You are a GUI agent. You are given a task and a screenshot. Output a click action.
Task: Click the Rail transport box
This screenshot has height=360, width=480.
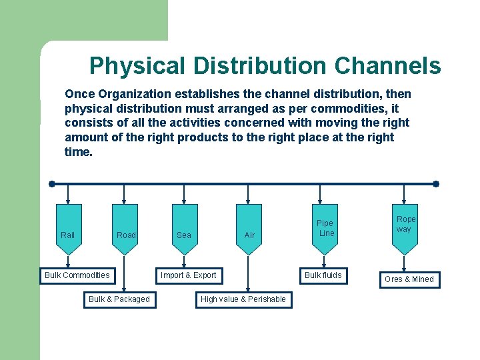point(68,231)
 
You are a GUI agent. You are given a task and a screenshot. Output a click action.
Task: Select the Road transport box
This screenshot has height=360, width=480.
point(125,231)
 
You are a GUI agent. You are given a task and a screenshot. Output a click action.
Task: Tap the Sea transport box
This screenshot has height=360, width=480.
point(184,231)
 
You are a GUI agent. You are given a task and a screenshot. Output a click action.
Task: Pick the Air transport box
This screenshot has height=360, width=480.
point(249,231)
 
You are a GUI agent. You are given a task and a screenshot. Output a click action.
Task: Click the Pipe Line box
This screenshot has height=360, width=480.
point(325,228)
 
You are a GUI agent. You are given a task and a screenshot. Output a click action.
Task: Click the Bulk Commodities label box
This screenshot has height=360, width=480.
point(77,275)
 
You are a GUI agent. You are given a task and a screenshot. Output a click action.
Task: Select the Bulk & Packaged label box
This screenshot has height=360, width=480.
point(119,299)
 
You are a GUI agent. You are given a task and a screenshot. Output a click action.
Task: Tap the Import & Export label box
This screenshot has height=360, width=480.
point(189,275)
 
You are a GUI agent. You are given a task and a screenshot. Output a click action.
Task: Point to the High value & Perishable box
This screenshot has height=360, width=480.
point(243,299)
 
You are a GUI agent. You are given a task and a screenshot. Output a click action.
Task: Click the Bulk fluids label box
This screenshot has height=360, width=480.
point(323,275)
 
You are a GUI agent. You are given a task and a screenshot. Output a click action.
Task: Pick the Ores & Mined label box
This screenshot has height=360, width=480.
point(409,279)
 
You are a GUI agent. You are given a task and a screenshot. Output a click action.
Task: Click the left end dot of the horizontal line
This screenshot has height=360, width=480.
point(51,184)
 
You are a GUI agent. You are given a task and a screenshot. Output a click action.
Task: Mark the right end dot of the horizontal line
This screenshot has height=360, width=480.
point(436,184)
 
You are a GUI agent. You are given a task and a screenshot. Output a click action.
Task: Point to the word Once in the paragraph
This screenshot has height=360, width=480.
point(80,94)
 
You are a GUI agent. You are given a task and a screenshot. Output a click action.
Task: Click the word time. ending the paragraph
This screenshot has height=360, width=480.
point(79,152)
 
